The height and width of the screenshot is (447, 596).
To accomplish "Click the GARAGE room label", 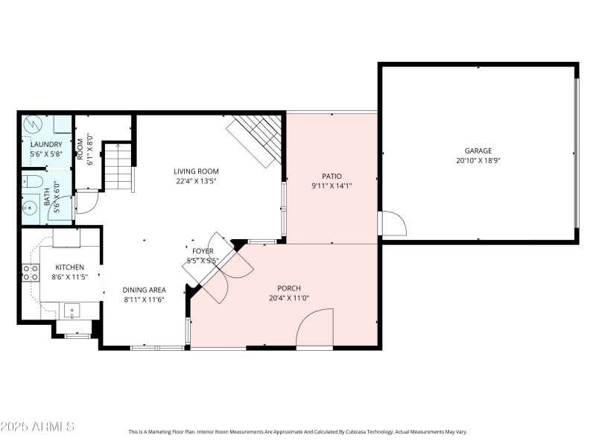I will [478, 150].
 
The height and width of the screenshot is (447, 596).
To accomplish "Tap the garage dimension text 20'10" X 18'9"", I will [478, 160].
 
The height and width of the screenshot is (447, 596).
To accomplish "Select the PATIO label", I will [332, 176].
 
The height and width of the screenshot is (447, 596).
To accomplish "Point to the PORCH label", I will [288, 288].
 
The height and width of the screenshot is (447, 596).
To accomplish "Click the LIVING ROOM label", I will [197, 171].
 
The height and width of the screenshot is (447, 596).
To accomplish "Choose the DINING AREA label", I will [145, 290].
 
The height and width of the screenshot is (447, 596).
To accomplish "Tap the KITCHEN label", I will [69, 267].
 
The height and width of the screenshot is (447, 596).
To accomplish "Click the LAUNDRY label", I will [46, 145].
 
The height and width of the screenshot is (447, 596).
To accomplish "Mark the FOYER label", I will [203, 252].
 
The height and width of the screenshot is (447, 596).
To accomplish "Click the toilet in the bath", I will [31, 181].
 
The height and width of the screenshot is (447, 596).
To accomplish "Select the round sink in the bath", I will [31, 206].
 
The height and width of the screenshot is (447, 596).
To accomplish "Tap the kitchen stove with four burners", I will [31, 273].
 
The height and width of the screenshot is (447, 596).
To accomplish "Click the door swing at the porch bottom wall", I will [315, 331].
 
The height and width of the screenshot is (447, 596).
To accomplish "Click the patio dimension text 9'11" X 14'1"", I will [332, 186].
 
